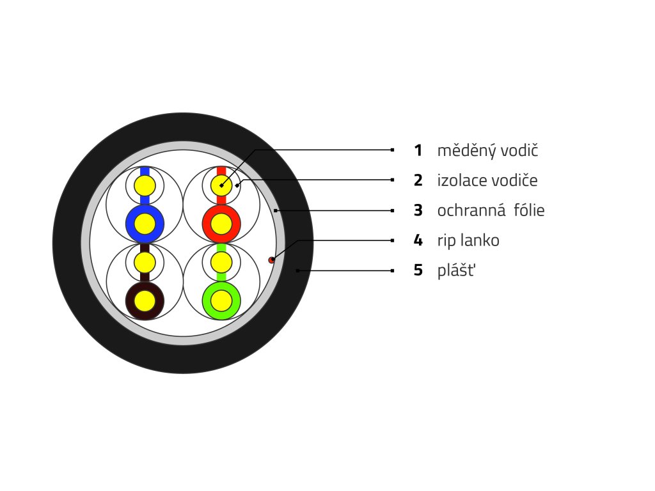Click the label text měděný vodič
click(x=488, y=151)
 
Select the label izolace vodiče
click(x=487, y=180)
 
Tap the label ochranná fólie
click(x=491, y=210)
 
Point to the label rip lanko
click(x=468, y=240)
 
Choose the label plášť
click(x=457, y=270)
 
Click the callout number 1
click(x=418, y=151)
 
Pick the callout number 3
click(x=418, y=210)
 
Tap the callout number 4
click(x=418, y=240)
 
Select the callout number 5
click(x=418, y=270)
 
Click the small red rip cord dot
click(x=271, y=260)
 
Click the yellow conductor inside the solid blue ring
click(x=145, y=224)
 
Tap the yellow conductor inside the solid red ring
click(x=221, y=224)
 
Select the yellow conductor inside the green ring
click(x=221, y=300)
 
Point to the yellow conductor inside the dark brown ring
click(x=145, y=300)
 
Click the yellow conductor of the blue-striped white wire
click(x=145, y=186)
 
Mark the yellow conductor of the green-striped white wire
click(x=221, y=262)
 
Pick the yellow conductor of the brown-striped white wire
click(x=145, y=262)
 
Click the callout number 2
click(x=418, y=180)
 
